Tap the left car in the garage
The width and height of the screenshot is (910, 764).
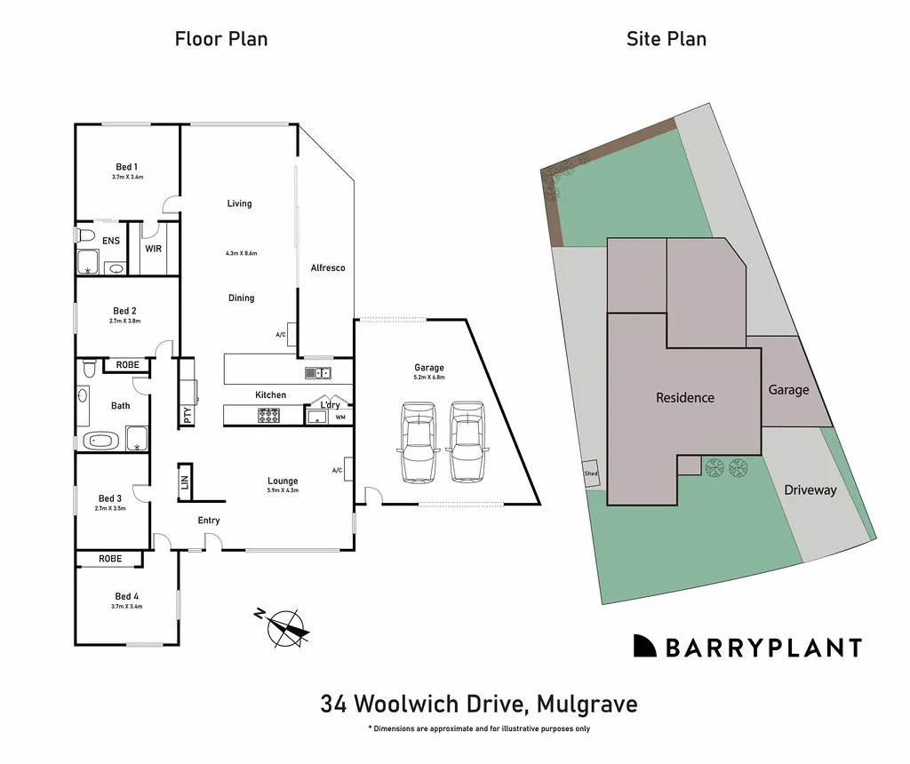(x=419, y=442)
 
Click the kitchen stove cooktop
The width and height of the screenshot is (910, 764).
(x=268, y=414)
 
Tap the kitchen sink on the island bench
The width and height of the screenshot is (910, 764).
(x=317, y=372)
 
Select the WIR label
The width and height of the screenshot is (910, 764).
(x=154, y=249)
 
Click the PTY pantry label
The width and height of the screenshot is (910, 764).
(x=188, y=415)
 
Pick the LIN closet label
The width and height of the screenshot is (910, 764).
(x=185, y=482)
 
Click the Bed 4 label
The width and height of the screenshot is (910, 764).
(x=127, y=596)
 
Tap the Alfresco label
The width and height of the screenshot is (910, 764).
(x=327, y=267)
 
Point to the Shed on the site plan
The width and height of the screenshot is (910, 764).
(x=591, y=474)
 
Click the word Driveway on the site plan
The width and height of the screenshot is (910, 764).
(x=810, y=489)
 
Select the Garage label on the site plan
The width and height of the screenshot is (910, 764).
(x=788, y=390)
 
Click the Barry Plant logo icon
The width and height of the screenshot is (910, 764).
(x=644, y=646)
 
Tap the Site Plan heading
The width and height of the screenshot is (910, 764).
(x=666, y=38)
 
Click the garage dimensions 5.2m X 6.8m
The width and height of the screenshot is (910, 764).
(x=429, y=378)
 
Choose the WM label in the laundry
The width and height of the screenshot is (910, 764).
(x=340, y=417)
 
